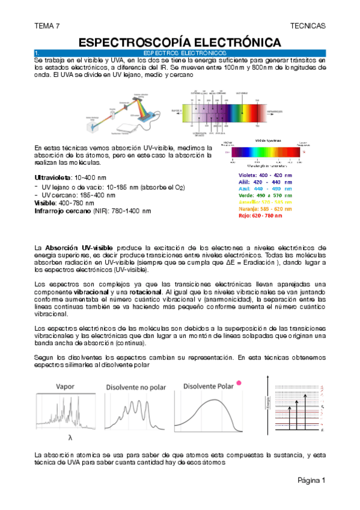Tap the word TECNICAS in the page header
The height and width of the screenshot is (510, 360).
tap(307, 26)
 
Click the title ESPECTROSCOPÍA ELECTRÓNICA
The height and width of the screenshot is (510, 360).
tap(180, 42)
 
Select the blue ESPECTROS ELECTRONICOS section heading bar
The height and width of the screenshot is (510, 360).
tap(180, 54)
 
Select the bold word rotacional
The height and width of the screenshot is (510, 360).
tap(142, 292)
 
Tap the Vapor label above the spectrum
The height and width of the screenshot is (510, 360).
tap(69, 387)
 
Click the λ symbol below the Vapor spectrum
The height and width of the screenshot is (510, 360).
tap(69, 438)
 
